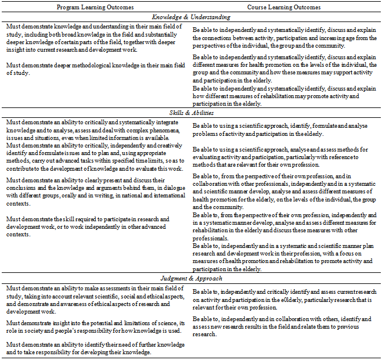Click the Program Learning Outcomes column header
pos(95,7)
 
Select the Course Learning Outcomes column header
pos(284,7)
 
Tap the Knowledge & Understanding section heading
pos(191,17)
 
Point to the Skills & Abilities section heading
pos(191,113)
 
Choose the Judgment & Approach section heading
pos(191,279)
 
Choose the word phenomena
pos(159,129)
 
